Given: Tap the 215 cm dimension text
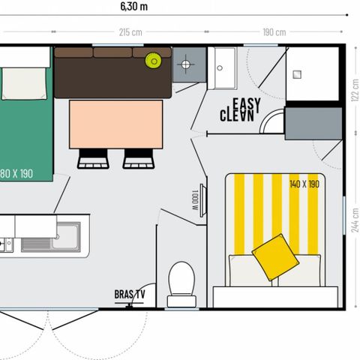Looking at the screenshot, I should coord(131,32).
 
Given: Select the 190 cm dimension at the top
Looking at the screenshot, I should coord(274,32).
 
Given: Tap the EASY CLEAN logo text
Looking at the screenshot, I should coord(238,110).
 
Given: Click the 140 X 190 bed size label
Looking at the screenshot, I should coord(305,184).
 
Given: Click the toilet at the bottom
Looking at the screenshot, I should coord(181,283).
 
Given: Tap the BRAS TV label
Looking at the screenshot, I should coord(129,294).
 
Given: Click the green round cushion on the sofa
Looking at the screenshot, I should coord(154,61).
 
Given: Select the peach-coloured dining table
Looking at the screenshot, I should coord(116,124).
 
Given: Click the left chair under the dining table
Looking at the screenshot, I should coord(93,157).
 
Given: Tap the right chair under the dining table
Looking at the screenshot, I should coord(139,157).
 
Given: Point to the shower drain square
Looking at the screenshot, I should coord(296,74).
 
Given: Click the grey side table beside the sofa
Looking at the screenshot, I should coord(187,66).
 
